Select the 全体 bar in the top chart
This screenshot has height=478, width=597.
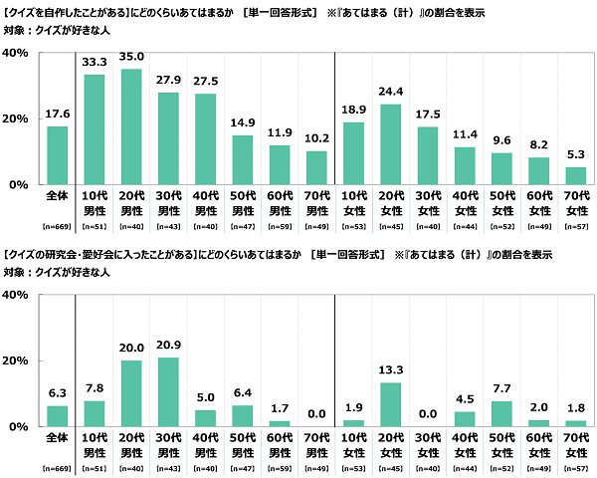58,155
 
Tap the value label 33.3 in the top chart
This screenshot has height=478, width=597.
95,62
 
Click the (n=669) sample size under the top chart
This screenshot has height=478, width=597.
58,227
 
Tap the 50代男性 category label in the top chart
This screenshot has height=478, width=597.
241,202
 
